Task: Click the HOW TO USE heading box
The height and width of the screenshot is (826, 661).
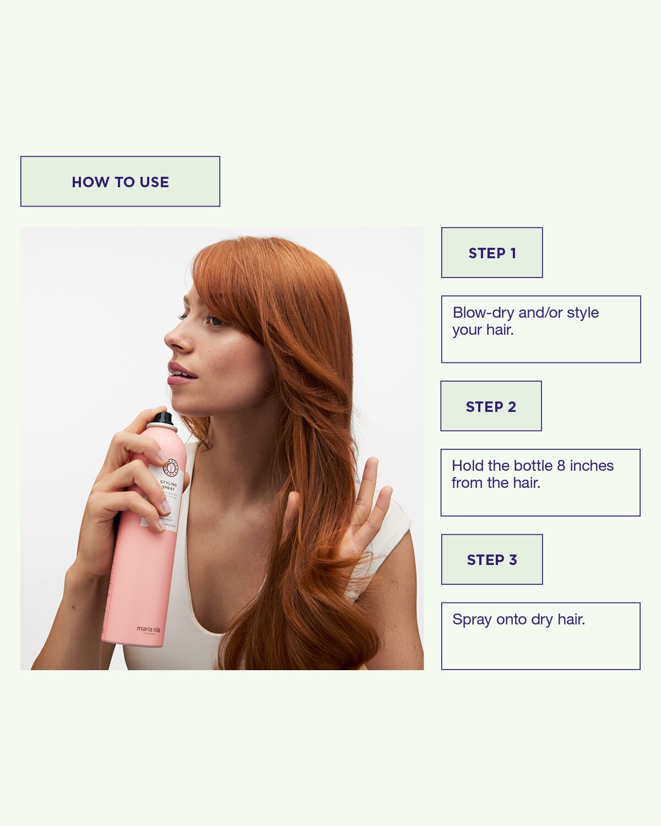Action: pos(120,182)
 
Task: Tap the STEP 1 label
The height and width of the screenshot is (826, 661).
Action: pos(492,253)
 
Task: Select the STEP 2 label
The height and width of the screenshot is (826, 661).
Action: pos(491,406)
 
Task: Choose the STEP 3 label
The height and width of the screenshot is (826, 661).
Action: pos(492,559)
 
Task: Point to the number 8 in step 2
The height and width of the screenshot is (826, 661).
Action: pos(561,466)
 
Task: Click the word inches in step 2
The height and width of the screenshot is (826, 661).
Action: pos(592,466)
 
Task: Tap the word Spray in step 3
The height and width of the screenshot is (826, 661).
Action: pos(472,620)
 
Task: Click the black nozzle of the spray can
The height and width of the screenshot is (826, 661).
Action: pos(163,419)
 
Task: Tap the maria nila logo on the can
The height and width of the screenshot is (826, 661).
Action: pos(149,629)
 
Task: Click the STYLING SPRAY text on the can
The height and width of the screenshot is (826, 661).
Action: pos(169,485)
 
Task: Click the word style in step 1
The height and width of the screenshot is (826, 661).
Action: pos(583,313)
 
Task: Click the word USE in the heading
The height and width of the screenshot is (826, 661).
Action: pos(154,182)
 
